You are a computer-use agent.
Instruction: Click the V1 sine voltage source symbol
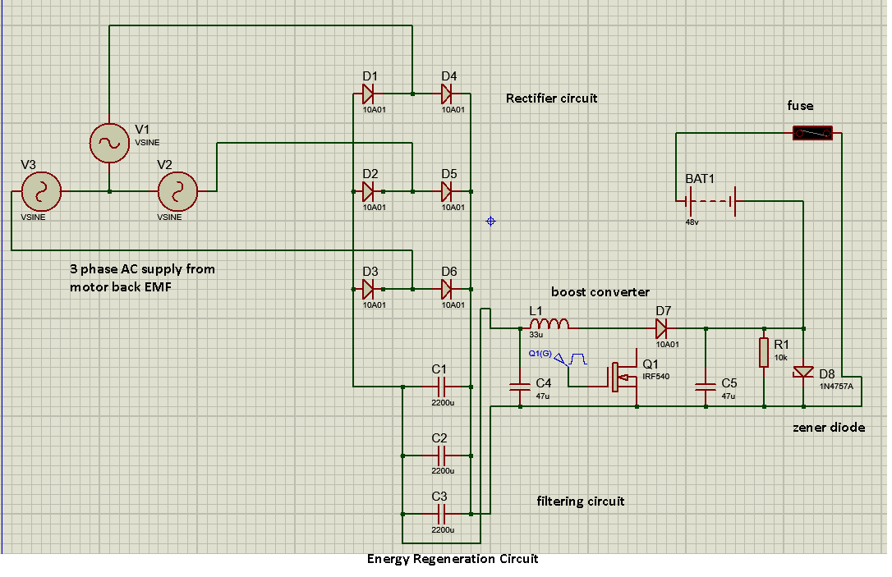pos(108,143)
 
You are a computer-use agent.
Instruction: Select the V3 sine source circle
pos(40,191)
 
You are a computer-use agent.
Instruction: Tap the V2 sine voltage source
pos(178,191)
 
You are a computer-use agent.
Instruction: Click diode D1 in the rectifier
pos(369,94)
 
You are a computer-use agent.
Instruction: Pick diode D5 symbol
pos(448,191)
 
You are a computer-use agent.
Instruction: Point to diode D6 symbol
pos(448,289)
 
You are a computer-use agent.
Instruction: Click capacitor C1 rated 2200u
pos(439,386)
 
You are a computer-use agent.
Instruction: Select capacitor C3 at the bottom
pos(439,514)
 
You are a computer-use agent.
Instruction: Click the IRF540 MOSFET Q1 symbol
pos(626,378)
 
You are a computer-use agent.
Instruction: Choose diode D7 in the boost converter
pos(662,329)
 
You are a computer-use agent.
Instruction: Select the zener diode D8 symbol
pos(803,371)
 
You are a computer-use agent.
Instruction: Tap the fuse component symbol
pos(812,133)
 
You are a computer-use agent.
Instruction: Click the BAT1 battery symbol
pos(710,200)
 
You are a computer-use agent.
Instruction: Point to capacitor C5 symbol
pos(705,386)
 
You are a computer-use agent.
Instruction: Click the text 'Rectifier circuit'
pos(551,98)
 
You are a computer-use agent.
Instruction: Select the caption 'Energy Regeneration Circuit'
pos(453,559)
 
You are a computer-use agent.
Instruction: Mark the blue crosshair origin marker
pos(491,221)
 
